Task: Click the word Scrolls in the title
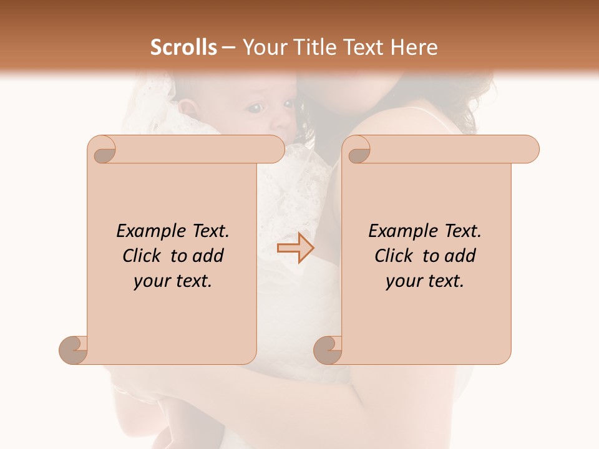(x=184, y=47)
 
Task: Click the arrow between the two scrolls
(x=296, y=248)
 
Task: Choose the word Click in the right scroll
(x=394, y=256)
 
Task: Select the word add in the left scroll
(x=208, y=256)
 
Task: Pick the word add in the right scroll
(x=460, y=256)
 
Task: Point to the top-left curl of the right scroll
(x=357, y=150)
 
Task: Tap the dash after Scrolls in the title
(x=228, y=48)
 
